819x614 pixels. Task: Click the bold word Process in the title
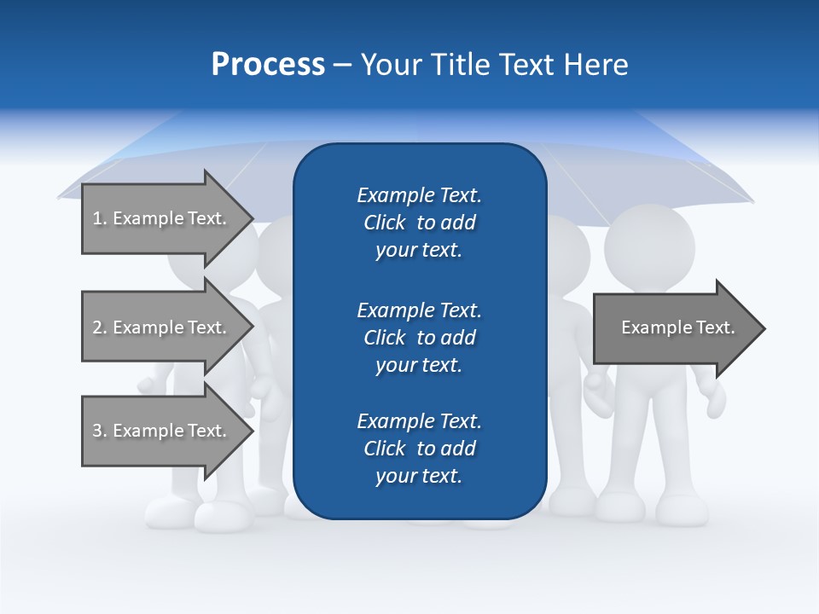click(x=268, y=65)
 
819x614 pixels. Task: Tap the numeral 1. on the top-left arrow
click(x=99, y=218)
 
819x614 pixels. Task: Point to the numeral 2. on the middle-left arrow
click(x=99, y=327)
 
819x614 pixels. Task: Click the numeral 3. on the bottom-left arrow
click(x=99, y=431)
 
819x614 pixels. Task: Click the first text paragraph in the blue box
click(x=419, y=223)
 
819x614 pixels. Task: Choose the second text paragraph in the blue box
click(x=419, y=338)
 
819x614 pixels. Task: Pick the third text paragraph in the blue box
click(x=419, y=449)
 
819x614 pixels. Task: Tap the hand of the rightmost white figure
click(x=715, y=399)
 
